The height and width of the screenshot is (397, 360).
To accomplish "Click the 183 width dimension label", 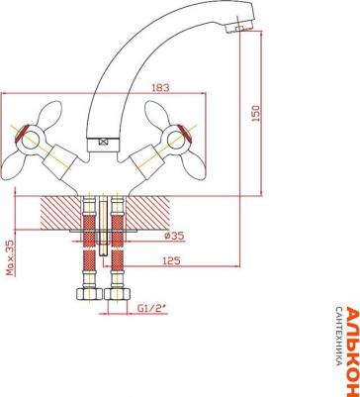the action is [160, 88].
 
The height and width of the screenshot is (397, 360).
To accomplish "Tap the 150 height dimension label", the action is [256, 113].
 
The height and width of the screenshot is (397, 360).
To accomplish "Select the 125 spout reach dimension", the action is [171, 260].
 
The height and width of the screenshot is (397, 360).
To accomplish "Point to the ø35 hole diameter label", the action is [173, 236].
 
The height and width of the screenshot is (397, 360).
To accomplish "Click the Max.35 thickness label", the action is [11, 257].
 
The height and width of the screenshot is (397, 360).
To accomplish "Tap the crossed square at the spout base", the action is [104, 142].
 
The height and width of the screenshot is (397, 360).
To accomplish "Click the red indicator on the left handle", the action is [22, 134].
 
